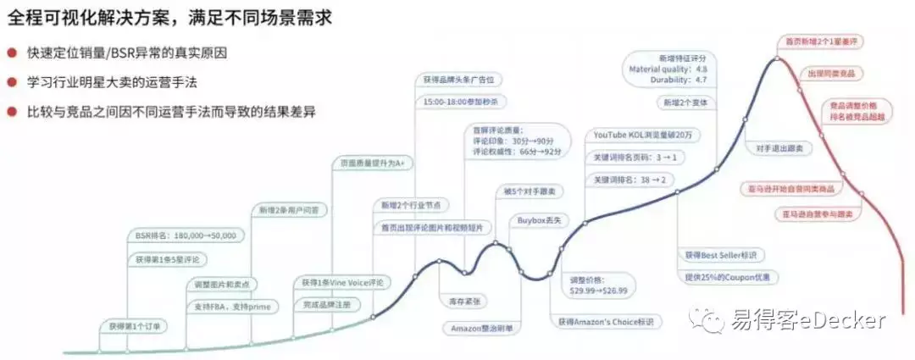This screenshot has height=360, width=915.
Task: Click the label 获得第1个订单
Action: pos(133,325)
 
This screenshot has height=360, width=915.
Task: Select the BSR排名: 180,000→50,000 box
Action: pos(186,235)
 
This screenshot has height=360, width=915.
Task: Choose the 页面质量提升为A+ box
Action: pos(371,163)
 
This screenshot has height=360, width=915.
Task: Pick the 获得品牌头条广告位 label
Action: pos(458,80)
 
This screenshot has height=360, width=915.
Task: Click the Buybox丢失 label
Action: pos(540,220)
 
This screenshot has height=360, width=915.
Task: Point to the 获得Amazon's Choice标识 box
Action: pos(606,322)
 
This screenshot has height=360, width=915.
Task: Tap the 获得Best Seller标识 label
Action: pos(720,254)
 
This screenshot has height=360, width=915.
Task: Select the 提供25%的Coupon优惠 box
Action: pos(726,276)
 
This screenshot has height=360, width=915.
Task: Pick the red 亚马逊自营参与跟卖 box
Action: pos(814,214)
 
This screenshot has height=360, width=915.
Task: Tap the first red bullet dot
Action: pos(12,53)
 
